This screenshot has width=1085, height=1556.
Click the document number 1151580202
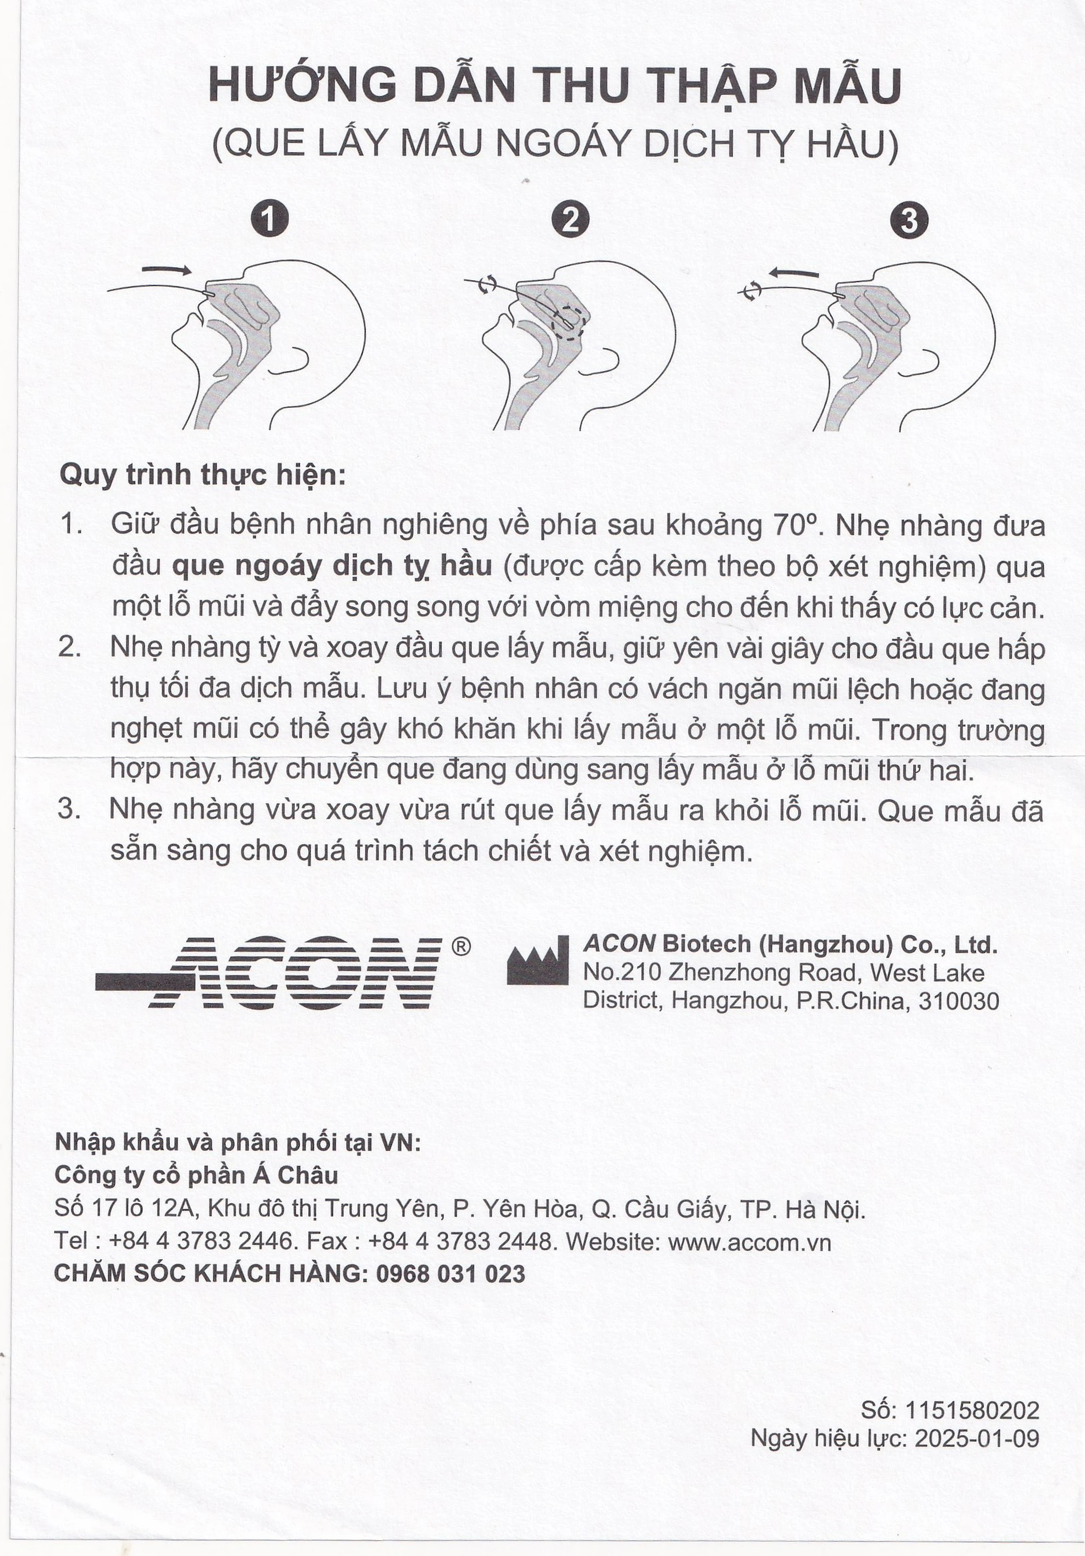coord(972,1410)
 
